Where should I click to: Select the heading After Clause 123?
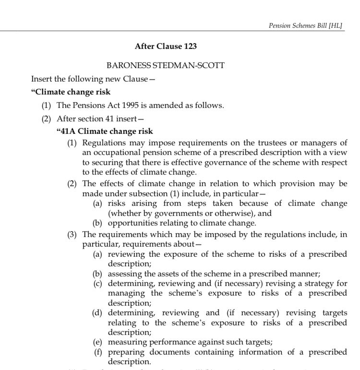[x=166, y=47]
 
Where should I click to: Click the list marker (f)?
[x=99, y=352]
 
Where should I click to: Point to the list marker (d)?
[x=98, y=313]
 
